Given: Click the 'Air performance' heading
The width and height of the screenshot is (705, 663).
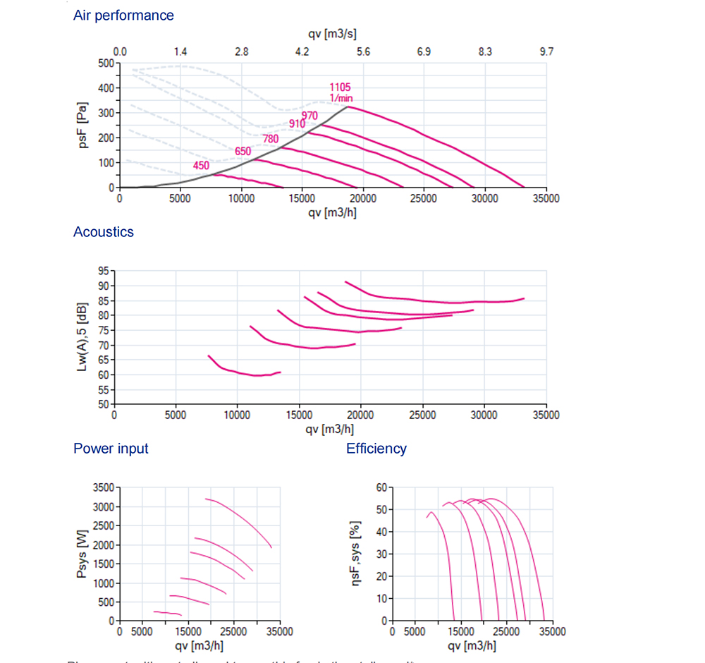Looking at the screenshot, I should click(123, 15).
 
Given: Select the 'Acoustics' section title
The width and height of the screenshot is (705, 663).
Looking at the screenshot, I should click(103, 231).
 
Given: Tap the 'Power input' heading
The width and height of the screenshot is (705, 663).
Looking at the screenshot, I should click(111, 448).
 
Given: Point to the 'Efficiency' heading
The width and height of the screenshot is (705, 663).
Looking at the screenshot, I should click(376, 448).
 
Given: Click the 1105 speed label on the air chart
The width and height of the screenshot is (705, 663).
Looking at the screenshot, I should click(340, 87).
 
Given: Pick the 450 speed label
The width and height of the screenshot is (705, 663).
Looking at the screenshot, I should click(201, 166).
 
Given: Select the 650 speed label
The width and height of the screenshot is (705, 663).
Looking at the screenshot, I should click(243, 151).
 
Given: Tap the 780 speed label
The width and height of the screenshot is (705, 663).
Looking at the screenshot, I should click(271, 139).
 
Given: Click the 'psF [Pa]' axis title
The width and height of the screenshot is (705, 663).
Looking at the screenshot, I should click(83, 126).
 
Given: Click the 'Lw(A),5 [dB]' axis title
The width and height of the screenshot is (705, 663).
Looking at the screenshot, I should click(83, 336).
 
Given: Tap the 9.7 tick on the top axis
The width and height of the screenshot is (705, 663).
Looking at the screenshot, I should click(546, 51).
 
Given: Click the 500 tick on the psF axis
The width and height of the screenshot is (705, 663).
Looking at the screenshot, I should click(106, 63).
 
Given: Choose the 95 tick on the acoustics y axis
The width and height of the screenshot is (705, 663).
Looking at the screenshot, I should click(104, 271).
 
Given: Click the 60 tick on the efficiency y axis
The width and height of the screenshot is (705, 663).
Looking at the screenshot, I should click(381, 487).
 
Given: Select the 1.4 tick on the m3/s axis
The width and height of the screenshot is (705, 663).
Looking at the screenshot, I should click(180, 51).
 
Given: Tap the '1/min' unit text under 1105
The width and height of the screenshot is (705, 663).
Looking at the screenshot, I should click(341, 98).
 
